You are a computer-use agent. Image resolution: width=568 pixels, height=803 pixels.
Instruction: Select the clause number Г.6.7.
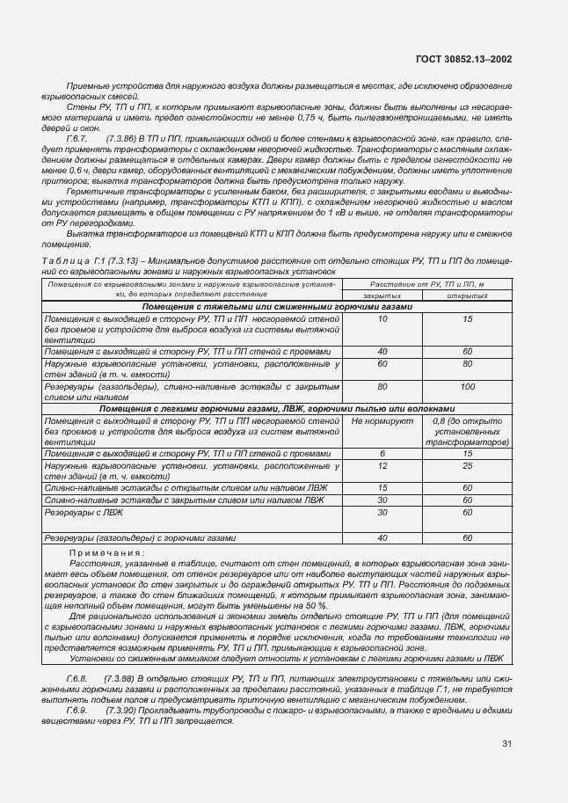click(77, 139)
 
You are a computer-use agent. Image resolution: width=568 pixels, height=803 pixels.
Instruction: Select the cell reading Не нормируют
click(382, 421)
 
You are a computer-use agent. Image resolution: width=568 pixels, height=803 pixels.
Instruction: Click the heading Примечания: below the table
click(106, 552)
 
